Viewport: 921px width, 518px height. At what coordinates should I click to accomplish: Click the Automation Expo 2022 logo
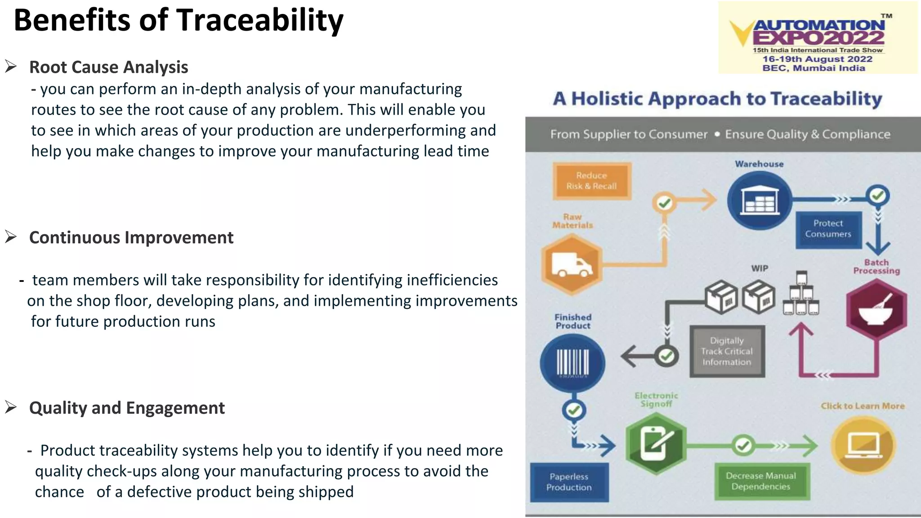(818, 38)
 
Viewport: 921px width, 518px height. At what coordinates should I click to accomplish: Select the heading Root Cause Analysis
(108, 67)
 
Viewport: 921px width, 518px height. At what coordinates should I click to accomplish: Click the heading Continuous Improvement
(131, 237)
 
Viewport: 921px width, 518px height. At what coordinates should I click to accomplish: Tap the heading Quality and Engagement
(127, 408)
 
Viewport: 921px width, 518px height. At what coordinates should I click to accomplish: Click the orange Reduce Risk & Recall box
(591, 181)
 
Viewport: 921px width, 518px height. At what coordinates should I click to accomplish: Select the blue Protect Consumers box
(828, 229)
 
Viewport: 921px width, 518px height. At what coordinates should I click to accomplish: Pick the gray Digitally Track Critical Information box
(727, 351)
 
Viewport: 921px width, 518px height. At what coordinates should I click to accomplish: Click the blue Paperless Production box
(569, 482)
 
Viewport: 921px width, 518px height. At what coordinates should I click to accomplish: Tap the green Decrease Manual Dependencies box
(761, 481)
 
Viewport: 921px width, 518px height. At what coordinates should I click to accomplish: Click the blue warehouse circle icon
(759, 201)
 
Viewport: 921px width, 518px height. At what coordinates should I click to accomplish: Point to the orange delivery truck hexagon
(572, 265)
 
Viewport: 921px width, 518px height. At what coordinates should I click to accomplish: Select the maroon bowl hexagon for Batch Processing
(876, 309)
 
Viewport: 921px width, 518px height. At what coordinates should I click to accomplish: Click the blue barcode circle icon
(572, 363)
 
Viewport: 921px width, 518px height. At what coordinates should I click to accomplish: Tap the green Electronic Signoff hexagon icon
(656, 444)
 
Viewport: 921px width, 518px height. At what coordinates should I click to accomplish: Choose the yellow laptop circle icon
(863, 445)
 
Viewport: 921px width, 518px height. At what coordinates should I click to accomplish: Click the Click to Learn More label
(862, 406)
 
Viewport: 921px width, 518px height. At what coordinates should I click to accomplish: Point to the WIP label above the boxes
(760, 268)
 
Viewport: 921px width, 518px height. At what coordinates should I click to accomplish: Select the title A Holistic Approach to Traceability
(717, 99)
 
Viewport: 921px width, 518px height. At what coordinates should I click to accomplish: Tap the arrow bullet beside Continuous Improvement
(11, 237)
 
